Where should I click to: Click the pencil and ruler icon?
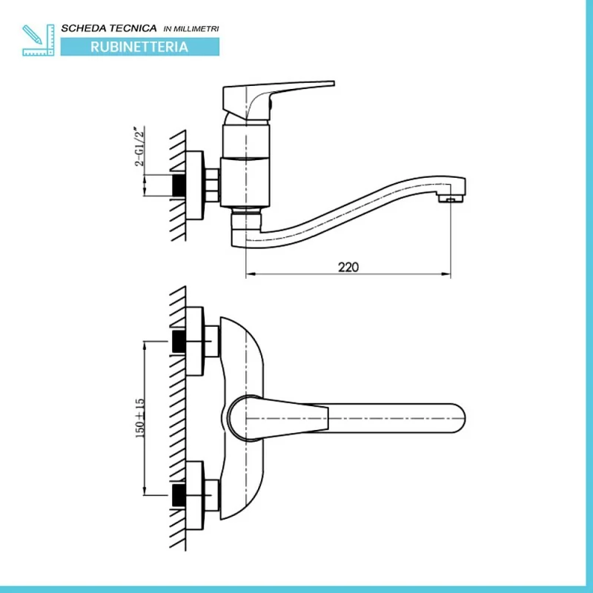point(39,39)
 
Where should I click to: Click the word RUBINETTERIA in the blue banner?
point(139,47)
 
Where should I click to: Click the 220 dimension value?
point(348,267)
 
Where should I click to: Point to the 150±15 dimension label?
point(139,419)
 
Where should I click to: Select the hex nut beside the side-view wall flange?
point(213,185)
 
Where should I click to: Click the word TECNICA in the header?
point(133,28)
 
